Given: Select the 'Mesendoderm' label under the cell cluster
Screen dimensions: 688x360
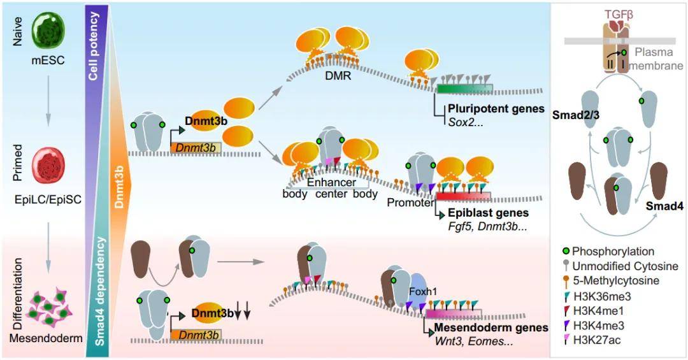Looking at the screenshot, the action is pyautogui.click(x=46, y=338).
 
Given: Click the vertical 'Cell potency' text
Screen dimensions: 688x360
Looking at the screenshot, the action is pyautogui.click(x=93, y=46).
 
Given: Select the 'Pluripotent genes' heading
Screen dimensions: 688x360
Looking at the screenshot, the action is pyautogui.click(x=496, y=108).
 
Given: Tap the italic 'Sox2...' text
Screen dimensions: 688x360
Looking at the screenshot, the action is pyautogui.click(x=466, y=122).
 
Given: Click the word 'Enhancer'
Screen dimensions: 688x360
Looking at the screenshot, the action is pyautogui.click(x=331, y=182).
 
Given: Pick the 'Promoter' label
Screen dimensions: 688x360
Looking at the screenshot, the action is pyautogui.click(x=410, y=203).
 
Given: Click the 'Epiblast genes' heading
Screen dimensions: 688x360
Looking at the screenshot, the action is pyautogui.click(x=489, y=213).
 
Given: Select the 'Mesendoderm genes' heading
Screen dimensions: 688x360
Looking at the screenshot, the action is pyautogui.click(x=491, y=328).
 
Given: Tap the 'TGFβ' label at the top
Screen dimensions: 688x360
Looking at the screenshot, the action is pyautogui.click(x=619, y=15).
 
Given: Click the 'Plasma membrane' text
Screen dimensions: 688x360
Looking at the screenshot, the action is pyautogui.click(x=656, y=59).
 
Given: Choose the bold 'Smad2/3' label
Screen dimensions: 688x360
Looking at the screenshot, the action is pyautogui.click(x=576, y=115).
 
